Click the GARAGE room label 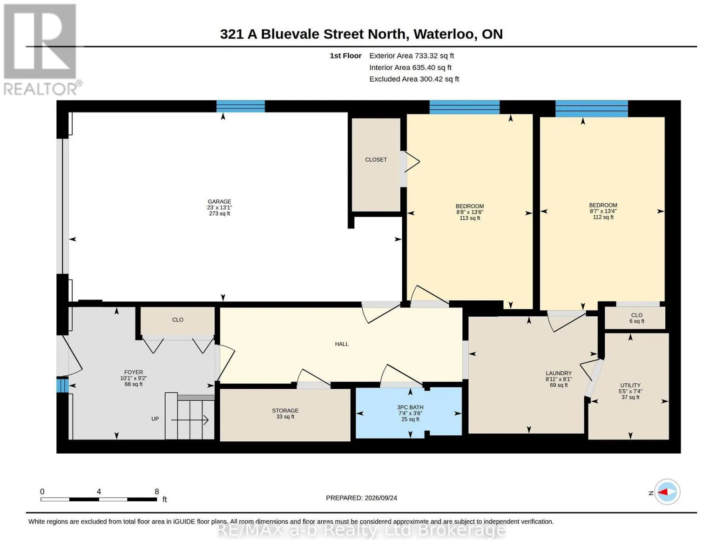(x=219, y=201)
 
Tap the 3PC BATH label (x=410, y=407)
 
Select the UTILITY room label (x=630, y=385)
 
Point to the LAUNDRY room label (x=559, y=373)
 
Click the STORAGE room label (x=285, y=411)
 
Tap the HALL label (x=342, y=344)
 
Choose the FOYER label (x=134, y=372)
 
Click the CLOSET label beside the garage (x=376, y=159)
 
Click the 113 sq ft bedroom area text (x=470, y=218)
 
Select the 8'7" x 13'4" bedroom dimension (x=603, y=211)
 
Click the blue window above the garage (x=241, y=106)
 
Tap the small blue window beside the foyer (x=62, y=385)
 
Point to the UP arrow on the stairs (x=189, y=420)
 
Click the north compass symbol (x=667, y=492)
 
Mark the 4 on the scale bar (x=99, y=491)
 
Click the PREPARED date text (x=361, y=498)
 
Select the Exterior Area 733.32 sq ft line (x=412, y=55)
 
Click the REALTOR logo (x=42, y=50)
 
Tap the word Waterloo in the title (x=444, y=34)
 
